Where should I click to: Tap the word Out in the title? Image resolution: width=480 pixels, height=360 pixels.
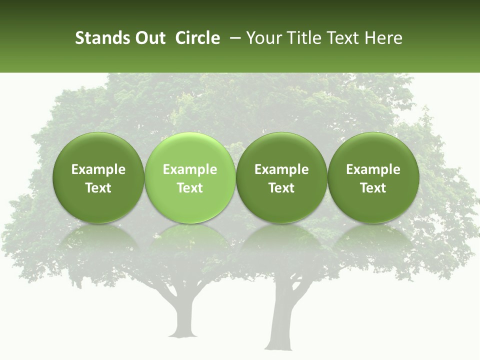(149, 38)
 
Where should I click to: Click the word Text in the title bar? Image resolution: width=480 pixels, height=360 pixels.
(342, 38)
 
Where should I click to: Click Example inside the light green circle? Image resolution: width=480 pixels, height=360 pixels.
(190, 169)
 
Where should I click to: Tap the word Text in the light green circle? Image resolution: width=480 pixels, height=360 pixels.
(190, 188)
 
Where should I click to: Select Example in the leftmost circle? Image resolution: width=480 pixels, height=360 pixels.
(98, 169)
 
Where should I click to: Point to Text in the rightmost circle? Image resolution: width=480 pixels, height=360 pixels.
(373, 188)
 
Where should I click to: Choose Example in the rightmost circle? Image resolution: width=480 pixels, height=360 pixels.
(373, 169)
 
